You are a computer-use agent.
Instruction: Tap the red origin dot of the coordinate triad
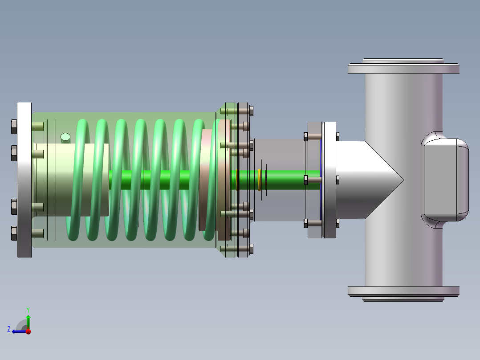tap(28, 331)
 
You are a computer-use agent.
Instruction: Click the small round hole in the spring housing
tap(65, 137)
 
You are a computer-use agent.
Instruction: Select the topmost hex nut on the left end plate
tap(14, 127)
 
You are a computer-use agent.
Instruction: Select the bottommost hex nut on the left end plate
tap(14, 233)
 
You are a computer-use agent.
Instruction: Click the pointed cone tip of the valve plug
tap(403, 180)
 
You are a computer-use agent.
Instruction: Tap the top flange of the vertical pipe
tap(403, 66)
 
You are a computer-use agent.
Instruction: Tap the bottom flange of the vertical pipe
tap(403, 294)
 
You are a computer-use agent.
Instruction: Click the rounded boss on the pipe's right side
tap(445, 180)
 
